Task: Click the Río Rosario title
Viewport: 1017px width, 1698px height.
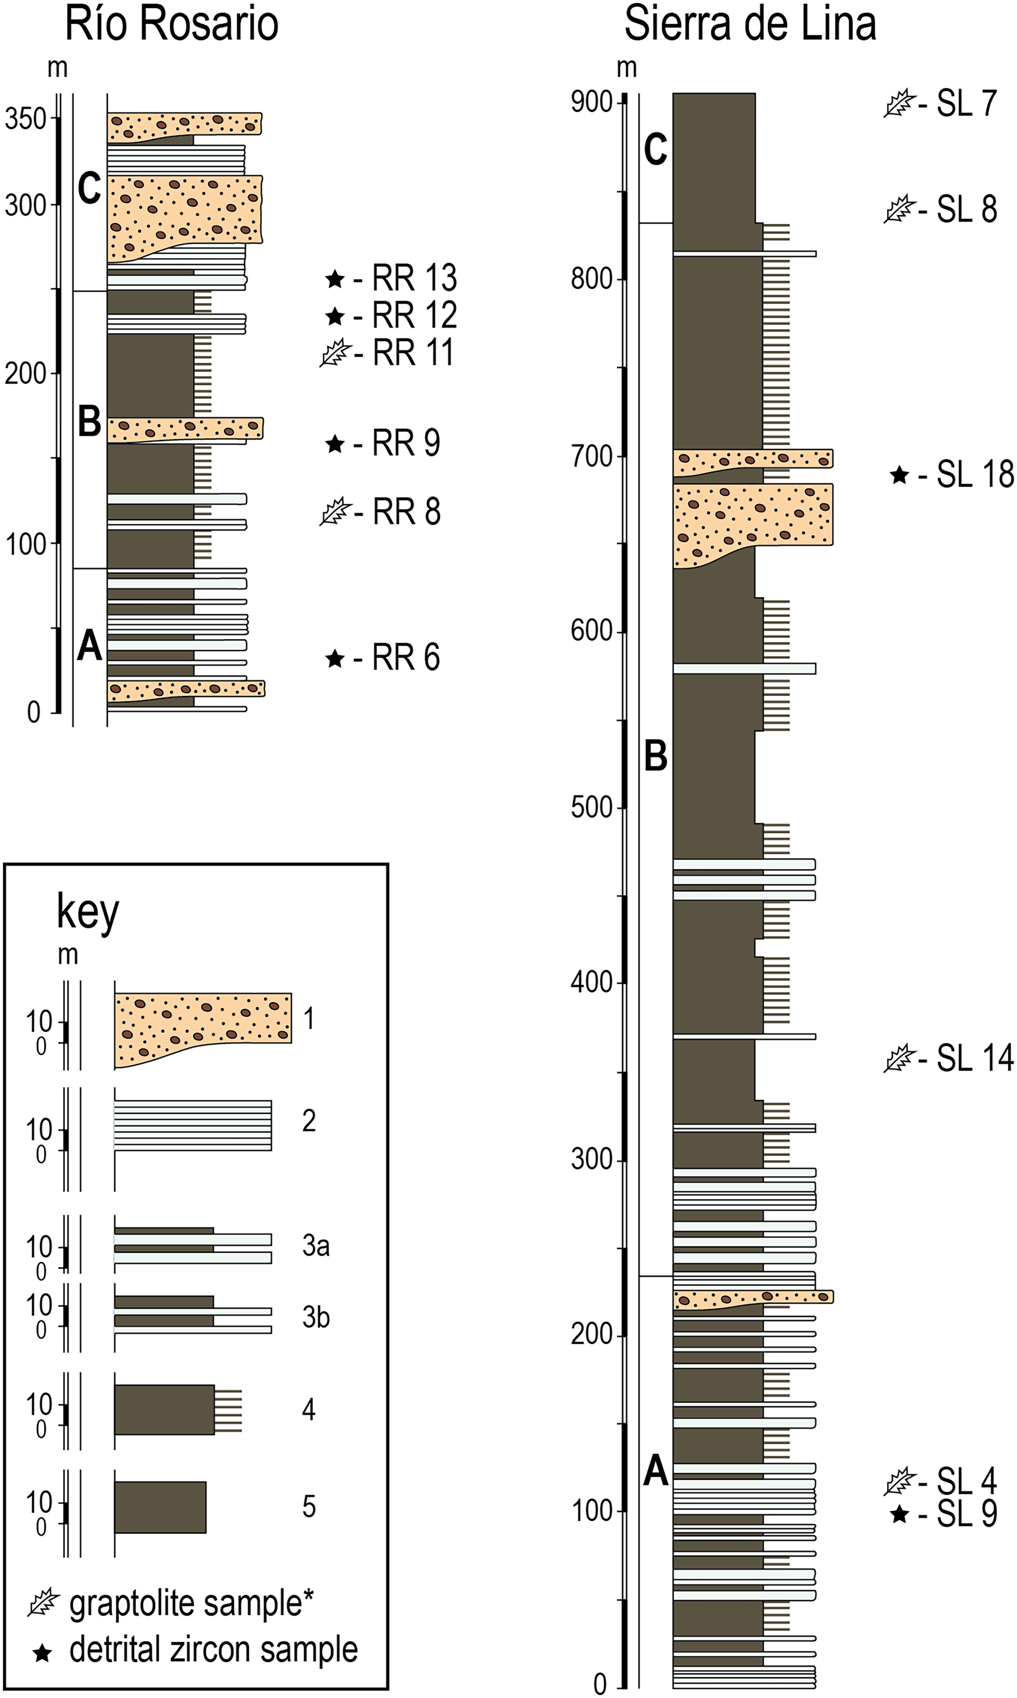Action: coord(171,25)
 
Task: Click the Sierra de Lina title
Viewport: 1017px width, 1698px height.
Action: coord(750,25)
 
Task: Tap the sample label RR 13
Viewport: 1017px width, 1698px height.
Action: coord(414,278)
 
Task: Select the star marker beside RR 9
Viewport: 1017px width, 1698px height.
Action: coord(334,444)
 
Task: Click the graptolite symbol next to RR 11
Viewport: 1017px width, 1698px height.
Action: coord(335,354)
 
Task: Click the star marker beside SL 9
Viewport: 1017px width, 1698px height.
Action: coord(899,1514)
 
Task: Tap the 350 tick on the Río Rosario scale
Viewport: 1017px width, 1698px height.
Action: coord(26,119)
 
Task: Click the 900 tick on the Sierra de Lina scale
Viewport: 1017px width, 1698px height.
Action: coord(592,102)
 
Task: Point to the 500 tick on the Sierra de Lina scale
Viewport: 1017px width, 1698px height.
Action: coord(592,807)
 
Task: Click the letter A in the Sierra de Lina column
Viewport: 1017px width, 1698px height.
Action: coord(655,1470)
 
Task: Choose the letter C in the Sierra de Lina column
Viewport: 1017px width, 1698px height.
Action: coord(655,149)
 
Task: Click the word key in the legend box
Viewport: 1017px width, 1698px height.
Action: coord(88,913)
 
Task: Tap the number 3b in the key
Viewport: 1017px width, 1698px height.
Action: coord(316,1317)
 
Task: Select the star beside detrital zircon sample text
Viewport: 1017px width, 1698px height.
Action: coord(43,1653)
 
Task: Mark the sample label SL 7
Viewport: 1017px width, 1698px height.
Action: coord(967,104)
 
